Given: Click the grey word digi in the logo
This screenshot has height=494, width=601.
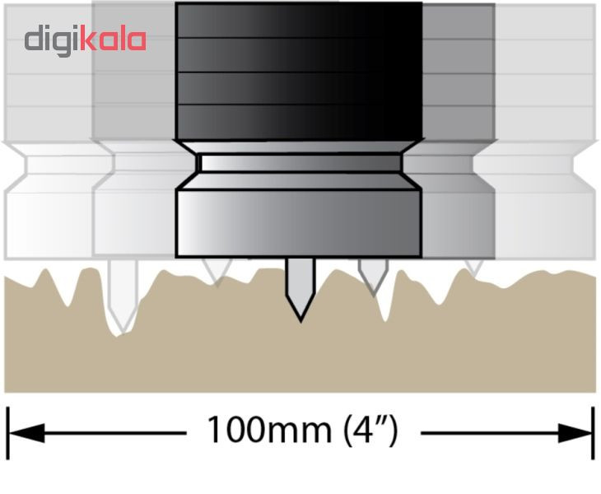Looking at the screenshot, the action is click(x=53, y=40).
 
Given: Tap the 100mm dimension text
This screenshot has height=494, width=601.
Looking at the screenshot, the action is click(x=269, y=430).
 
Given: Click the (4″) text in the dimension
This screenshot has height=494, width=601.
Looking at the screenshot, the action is click(x=370, y=431).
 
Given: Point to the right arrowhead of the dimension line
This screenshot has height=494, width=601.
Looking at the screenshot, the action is click(x=575, y=433).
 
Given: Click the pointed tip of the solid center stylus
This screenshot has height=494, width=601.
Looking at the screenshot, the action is click(x=300, y=321).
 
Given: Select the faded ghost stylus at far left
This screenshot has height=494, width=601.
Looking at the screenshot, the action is click(x=123, y=296).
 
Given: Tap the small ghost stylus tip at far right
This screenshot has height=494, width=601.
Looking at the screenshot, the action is click(x=473, y=268).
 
